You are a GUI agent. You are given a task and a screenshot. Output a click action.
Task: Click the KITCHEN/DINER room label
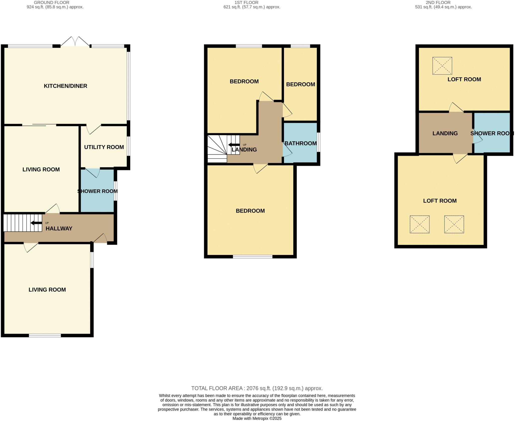coord(65,86)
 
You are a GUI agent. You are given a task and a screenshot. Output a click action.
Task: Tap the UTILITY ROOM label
coord(104,147)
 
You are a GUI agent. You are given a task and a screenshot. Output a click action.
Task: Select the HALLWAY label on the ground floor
coord(59,228)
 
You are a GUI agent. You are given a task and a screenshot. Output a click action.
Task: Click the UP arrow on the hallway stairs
coord(36,223)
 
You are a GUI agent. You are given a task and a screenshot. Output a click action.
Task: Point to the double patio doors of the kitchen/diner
coord(75,41)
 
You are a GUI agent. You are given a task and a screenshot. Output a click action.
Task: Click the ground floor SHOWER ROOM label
coord(97,191)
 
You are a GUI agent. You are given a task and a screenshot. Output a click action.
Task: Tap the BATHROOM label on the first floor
coord(301,143)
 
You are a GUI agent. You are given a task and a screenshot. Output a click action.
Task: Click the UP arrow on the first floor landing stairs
coord(234,145)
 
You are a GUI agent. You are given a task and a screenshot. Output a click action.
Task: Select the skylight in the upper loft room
coord(442,66)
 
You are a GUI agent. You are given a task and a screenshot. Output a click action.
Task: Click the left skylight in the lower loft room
coord(419,224)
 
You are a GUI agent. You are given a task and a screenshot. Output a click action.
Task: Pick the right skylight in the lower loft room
coord(454,224)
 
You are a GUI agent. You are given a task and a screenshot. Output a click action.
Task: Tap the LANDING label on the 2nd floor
coord(445,133)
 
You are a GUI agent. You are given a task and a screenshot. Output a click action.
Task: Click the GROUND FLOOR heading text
coord(52,3)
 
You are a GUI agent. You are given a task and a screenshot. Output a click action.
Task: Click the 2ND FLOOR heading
coord(438,3)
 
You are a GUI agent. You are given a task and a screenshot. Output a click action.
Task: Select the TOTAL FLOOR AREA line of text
coord(257,388)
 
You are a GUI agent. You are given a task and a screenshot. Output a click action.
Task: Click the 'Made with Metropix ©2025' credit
coord(257,418)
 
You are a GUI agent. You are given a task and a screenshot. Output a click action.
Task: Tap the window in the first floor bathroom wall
coord(318,142)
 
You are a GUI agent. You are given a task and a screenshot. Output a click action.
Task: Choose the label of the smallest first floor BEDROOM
coord(301,84)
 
